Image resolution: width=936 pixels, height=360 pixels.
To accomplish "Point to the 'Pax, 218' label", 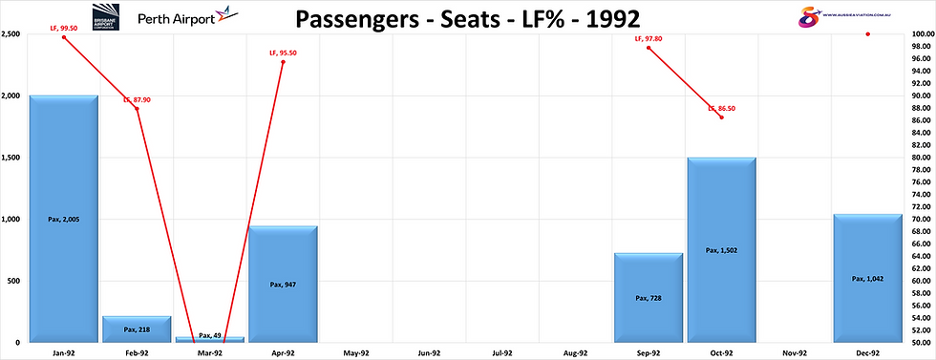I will (137, 329).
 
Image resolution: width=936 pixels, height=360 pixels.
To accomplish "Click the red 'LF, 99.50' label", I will (63, 30).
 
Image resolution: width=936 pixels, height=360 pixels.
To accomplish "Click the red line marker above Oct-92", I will (722, 116).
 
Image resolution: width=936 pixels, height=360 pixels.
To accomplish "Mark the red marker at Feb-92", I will (137, 108).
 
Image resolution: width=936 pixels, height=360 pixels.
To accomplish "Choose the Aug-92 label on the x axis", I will (575, 353).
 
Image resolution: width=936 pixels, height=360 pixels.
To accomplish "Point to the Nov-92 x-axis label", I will (795, 353).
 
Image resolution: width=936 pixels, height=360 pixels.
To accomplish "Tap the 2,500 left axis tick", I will (12, 34).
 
